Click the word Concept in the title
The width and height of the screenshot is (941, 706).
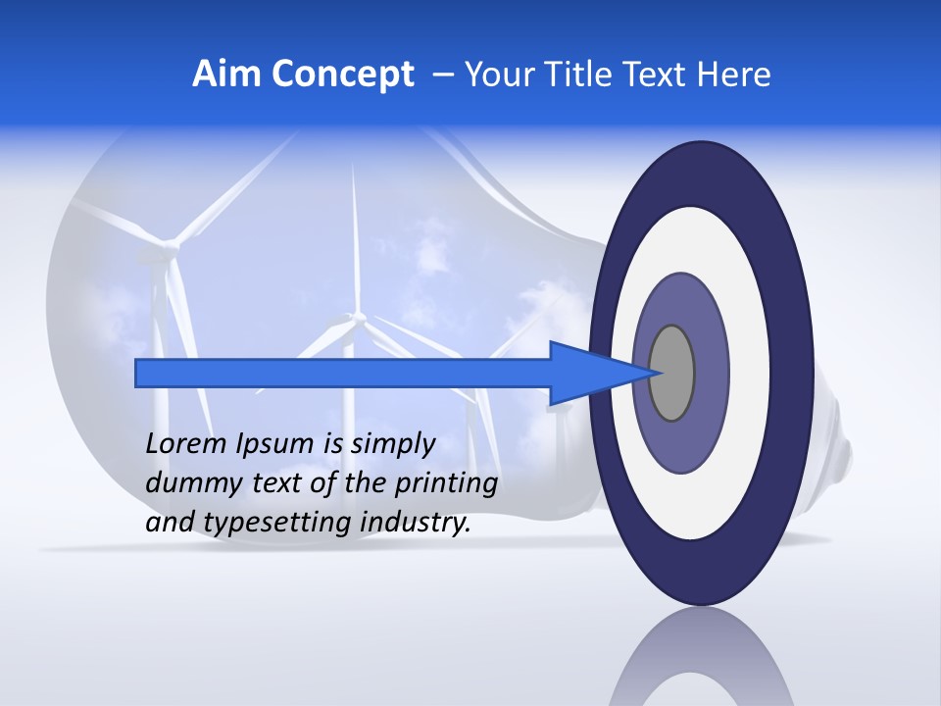point(342,75)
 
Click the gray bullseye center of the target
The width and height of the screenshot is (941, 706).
point(672,373)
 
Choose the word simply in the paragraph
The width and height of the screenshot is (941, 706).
point(391,444)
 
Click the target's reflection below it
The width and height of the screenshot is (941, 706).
point(700,662)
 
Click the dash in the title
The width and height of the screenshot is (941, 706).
point(443,75)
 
